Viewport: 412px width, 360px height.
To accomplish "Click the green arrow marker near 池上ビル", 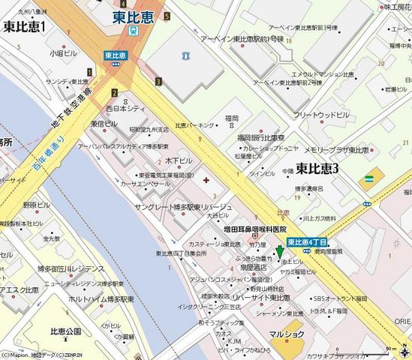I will (280, 253).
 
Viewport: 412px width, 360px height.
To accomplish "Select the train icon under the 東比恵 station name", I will (133, 31).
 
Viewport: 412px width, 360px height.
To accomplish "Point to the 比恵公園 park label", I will (65, 331).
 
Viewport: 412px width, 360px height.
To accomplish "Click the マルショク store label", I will (289, 334).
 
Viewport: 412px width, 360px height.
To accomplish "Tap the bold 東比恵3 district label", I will (317, 169).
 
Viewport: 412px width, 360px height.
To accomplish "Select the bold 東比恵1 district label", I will (24, 27).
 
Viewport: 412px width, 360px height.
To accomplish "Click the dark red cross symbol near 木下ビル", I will (207, 179).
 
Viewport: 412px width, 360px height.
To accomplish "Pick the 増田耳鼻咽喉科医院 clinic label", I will (255, 229).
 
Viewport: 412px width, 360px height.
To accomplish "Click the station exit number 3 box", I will (159, 81).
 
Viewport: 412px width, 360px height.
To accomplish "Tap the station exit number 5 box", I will (167, 16).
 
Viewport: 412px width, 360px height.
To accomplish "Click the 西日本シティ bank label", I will (125, 109).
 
